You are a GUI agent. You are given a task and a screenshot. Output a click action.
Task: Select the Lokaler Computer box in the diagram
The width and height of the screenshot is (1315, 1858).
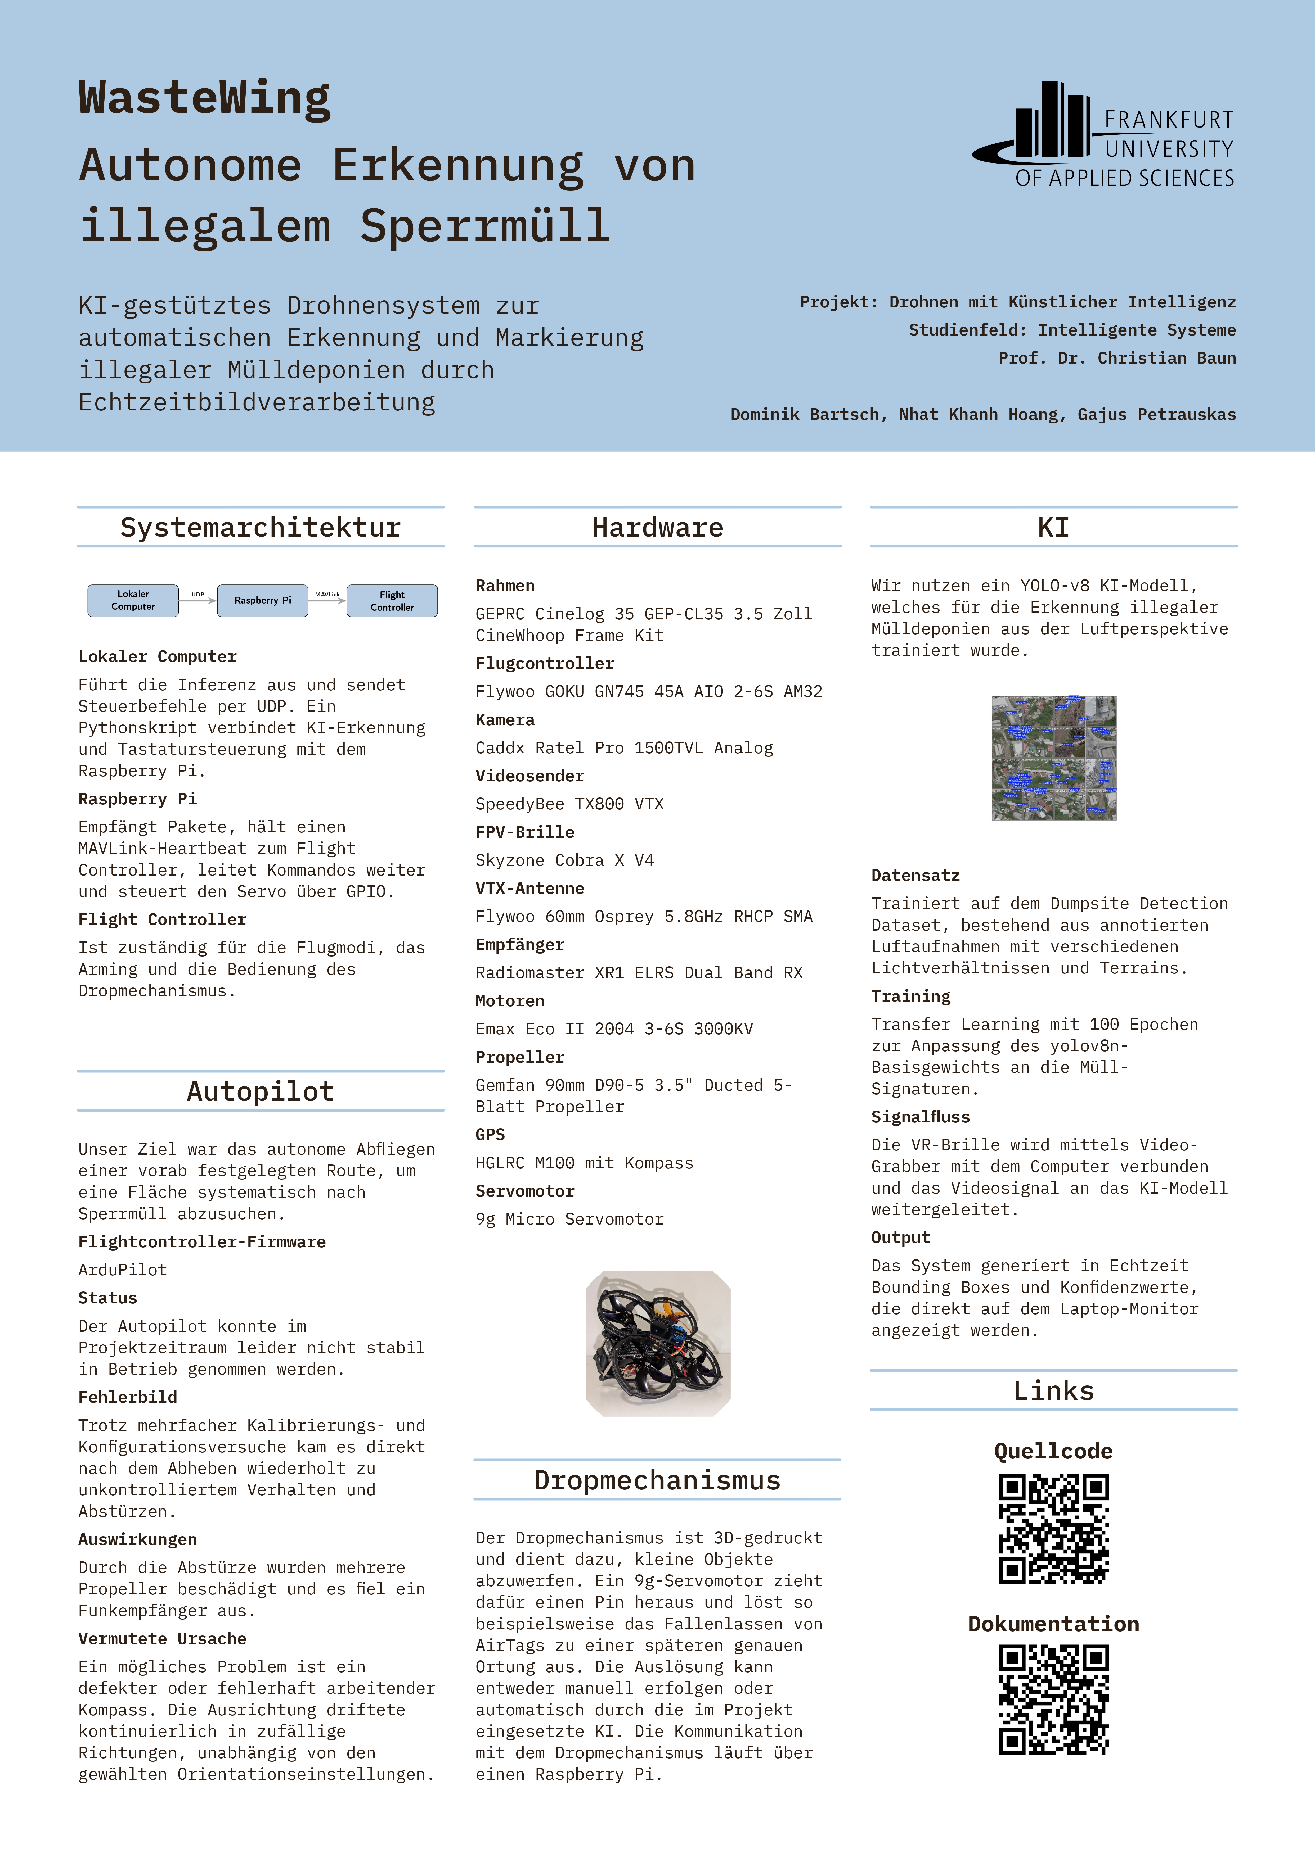point(133,600)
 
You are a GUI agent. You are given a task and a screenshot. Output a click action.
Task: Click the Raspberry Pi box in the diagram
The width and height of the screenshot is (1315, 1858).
point(262,600)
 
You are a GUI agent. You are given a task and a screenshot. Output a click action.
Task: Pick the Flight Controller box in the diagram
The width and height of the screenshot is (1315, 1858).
point(392,600)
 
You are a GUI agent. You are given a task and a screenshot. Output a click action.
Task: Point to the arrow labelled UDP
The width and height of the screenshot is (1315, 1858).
point(198,600)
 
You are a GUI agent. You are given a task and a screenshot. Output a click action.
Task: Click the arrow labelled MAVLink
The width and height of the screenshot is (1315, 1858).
point(327,600)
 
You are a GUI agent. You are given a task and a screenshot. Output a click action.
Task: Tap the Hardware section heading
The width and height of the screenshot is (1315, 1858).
point(658,528)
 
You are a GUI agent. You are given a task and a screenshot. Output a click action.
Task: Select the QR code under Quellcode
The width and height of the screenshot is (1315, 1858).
point(1053,1529)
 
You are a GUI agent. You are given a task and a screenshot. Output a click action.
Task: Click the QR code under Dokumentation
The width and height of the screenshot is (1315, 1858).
point(1053,1700)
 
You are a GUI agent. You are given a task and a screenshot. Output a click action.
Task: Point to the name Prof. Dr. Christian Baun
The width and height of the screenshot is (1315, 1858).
point(1117,358)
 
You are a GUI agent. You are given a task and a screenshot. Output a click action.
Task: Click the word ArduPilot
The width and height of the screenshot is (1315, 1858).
point(122,1270)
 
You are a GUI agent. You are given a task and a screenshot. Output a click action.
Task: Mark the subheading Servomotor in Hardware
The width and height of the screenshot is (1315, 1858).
point(525,1191)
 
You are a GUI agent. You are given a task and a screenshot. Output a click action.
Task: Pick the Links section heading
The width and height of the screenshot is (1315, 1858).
point(1053,1391)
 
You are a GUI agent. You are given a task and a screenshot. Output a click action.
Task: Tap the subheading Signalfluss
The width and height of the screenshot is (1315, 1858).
point(920,1117)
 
